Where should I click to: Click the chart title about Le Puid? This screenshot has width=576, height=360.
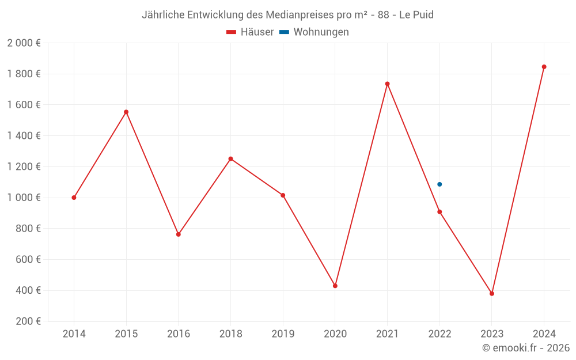(x=287, y=14)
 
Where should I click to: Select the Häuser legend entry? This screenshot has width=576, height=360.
(x=250, y=32)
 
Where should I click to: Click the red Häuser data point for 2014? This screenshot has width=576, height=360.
(x=74, y=198)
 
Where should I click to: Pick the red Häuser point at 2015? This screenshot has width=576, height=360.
(x=126, y=112)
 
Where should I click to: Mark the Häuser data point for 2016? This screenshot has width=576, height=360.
(x=179, y=234)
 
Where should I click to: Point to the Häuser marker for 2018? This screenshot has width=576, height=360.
(x=230, y=159)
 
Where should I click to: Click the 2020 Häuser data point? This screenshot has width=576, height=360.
(x=335, y=286)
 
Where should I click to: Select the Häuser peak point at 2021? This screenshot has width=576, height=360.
(x=387, y=84)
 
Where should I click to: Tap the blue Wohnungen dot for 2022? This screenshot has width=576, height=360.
(x=439, y=184)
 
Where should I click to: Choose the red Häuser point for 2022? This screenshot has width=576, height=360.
(x=439, y=212)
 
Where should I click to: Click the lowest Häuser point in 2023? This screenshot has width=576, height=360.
(x=492, y=294)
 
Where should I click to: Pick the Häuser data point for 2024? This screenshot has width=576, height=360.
(x=544, y=67)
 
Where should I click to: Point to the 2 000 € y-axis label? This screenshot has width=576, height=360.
(x=24, y=43)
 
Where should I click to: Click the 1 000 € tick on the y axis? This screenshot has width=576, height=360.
(x=24, y=198)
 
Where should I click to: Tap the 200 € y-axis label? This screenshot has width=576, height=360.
(x=27, y=321)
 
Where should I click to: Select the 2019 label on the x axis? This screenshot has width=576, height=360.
(x=283, y=334)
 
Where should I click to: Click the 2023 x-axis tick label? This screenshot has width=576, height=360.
(x=492, y=334)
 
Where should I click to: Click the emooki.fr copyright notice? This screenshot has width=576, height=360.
(x=526, y=348)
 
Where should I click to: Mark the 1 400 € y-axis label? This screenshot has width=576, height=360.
(x=24, y=136)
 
